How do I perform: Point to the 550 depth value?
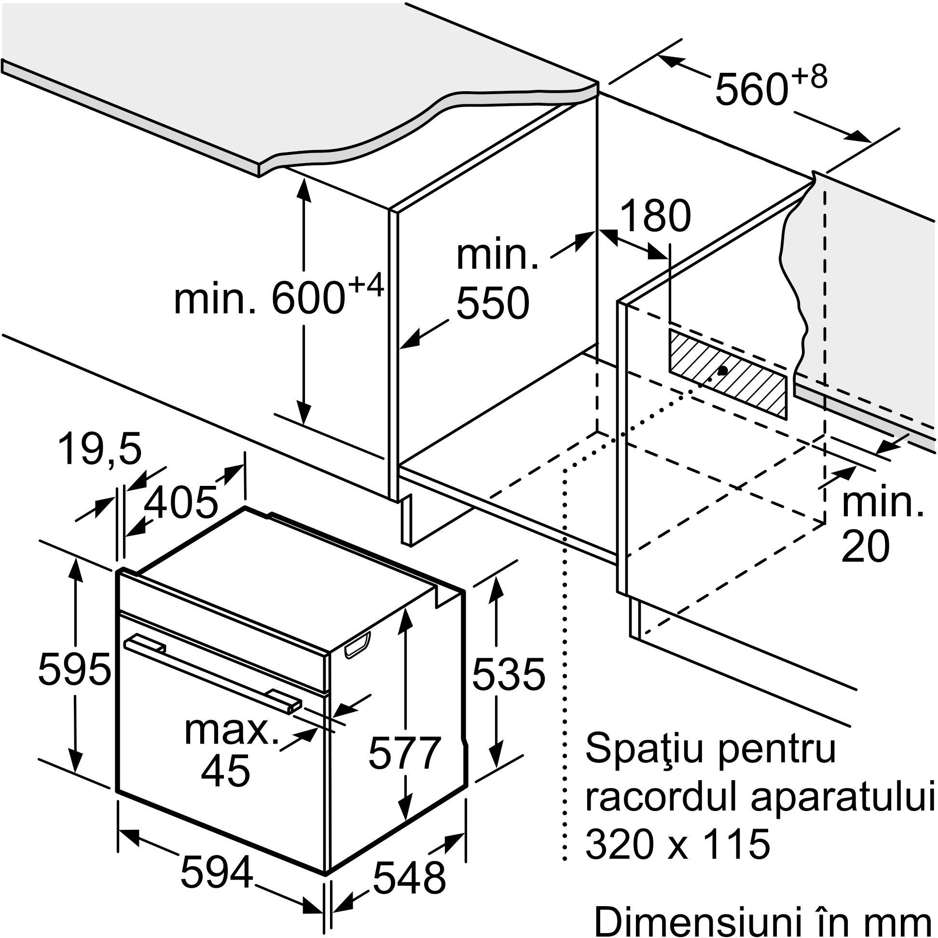pos(492,303)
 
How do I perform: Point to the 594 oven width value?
pos(217,872)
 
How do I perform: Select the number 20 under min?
pos(866,547)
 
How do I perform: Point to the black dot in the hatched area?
pos(723,371)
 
